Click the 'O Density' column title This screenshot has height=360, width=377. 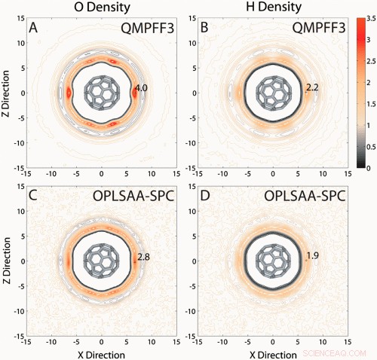pos(102,9)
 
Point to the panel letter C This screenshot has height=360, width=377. pos(33,197)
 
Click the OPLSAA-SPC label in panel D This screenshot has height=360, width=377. pos(305,197)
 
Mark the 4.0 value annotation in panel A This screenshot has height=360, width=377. pos(140,89)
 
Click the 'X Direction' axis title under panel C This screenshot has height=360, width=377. pos(103,352)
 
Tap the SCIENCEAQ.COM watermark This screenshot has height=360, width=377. pos(337,352)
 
